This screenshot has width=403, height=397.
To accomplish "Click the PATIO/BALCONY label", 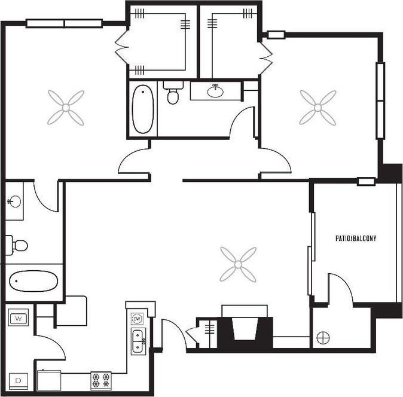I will tap(356, 238).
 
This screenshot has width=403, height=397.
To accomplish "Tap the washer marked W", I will tap(19, 317).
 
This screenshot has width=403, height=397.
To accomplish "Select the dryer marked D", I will tap(19, 379).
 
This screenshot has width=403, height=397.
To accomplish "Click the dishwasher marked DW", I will tap(138, 318).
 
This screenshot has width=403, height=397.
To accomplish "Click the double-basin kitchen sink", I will tap(138, 341).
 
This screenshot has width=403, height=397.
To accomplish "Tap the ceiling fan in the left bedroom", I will tap(66, 108).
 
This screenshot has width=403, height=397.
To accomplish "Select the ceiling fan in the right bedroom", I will tap(317, 108).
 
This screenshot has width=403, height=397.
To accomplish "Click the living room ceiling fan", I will tap(238, 264).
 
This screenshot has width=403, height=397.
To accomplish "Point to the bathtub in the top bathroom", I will tap(142, 109).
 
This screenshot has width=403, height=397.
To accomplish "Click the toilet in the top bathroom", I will tap(173, 94).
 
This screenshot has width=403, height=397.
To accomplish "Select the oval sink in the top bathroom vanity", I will tap(215, 91).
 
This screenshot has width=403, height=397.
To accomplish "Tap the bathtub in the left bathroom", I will tap(33, 281).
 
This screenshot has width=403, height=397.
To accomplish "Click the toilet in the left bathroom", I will tap(19, 245).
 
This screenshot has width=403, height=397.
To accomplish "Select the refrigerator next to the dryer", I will tap(49, 380).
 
